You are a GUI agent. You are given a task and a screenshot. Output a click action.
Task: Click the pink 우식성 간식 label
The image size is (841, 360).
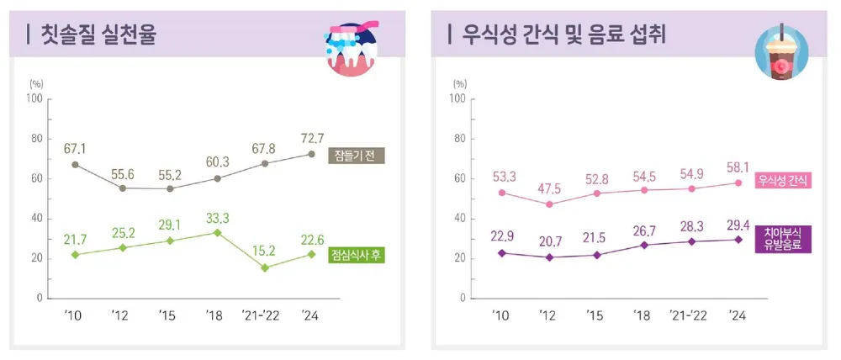(x=782, y=180)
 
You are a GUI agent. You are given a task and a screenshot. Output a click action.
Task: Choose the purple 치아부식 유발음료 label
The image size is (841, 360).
(x=783, y=239)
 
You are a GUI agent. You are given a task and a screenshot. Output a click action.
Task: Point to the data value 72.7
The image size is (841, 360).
(x=313, y=136)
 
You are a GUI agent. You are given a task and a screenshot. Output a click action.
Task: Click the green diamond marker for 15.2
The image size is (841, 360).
(x=266, y=267)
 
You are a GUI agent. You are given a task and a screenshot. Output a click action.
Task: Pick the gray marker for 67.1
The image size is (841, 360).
(x=75, y=165)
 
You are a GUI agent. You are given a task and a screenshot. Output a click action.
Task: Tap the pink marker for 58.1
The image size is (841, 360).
(x=738, y=183)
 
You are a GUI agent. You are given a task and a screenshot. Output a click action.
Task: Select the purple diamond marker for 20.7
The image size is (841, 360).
(x=549, y=257)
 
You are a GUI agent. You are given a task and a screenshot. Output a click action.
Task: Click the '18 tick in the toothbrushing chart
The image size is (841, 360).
(x=218, y=316)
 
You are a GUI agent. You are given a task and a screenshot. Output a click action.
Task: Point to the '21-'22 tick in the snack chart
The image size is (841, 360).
(x=690, y=316)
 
